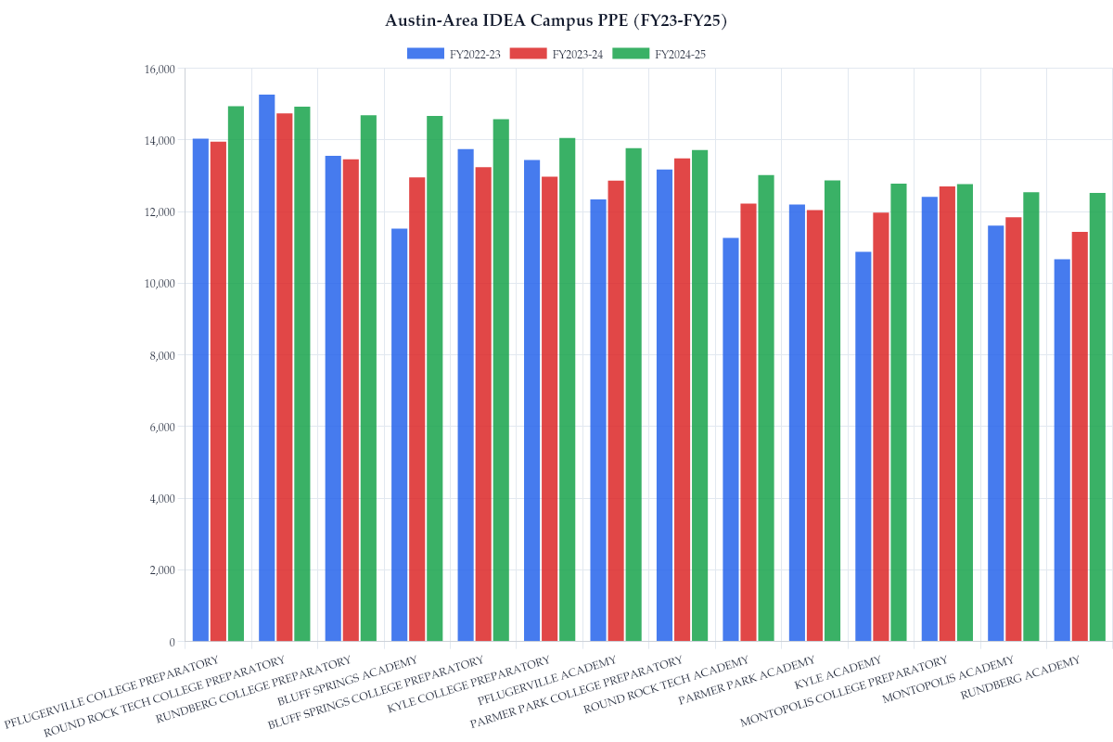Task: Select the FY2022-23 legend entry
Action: [454, 54]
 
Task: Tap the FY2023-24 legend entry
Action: [556, 54]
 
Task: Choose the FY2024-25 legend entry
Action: [659, 54]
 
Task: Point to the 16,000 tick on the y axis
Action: [160, 70]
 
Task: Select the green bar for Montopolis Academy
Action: [1031, 416]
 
